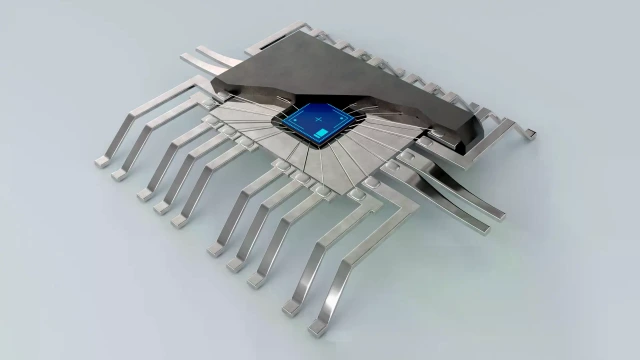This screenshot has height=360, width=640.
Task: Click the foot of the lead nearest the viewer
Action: point(318,328)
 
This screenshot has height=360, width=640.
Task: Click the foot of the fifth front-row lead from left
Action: point(181,220)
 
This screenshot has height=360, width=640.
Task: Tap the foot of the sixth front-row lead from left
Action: point(215,249)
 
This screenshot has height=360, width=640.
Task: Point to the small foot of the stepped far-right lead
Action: point(536,133)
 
